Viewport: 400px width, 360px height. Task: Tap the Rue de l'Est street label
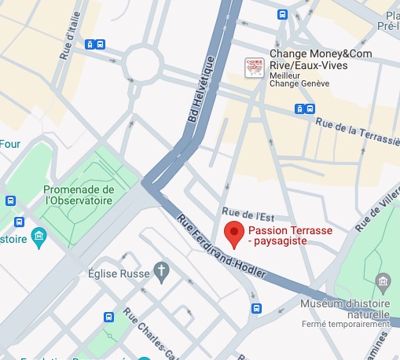(241, 212)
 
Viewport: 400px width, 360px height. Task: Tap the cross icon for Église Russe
(161, 271)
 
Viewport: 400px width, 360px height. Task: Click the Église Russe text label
(118, 276)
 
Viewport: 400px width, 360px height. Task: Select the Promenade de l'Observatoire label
(79, 195)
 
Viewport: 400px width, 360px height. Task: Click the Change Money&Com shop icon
(254, 67)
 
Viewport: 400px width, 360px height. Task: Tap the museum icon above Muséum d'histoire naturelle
(383, 281)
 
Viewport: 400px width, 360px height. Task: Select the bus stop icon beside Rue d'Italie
(95, 45)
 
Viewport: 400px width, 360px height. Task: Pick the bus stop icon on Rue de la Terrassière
(305, 108)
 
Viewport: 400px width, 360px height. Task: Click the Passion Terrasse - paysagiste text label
(284, 236)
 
